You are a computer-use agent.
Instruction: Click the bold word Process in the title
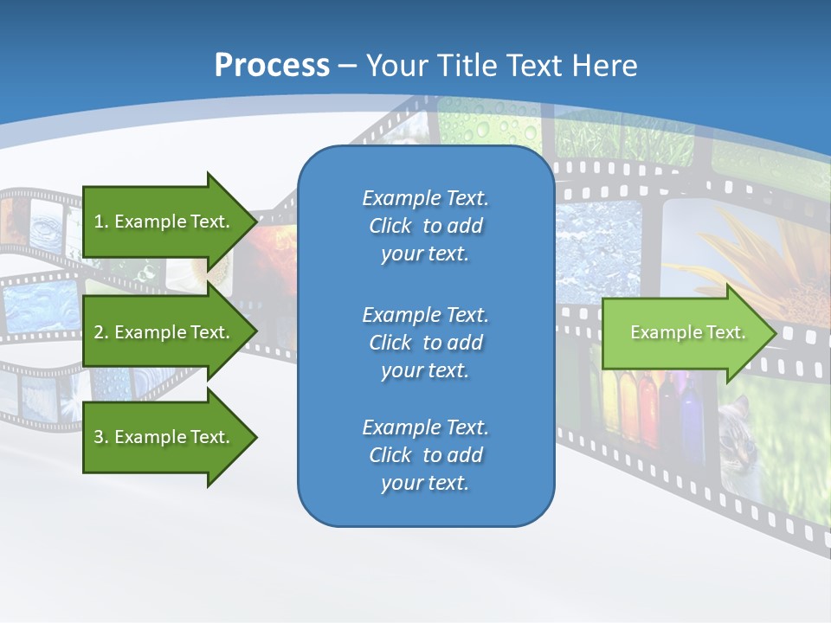coord(272,66)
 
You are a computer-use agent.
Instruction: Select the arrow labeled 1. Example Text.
coord(164,222)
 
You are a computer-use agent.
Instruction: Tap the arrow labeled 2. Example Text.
coord(164,332)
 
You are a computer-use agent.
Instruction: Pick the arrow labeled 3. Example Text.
coord(164,437)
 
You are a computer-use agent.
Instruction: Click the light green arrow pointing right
coord(684,333)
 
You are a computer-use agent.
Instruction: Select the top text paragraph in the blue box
coord(425,226)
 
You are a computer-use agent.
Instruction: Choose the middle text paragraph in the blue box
coord(425,343)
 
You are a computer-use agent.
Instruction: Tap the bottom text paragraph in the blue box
coord(425,455)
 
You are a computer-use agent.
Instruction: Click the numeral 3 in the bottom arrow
coord(99,437)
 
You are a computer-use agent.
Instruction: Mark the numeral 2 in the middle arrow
coord(99,332)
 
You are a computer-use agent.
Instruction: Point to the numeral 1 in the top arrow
coord(99,222)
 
